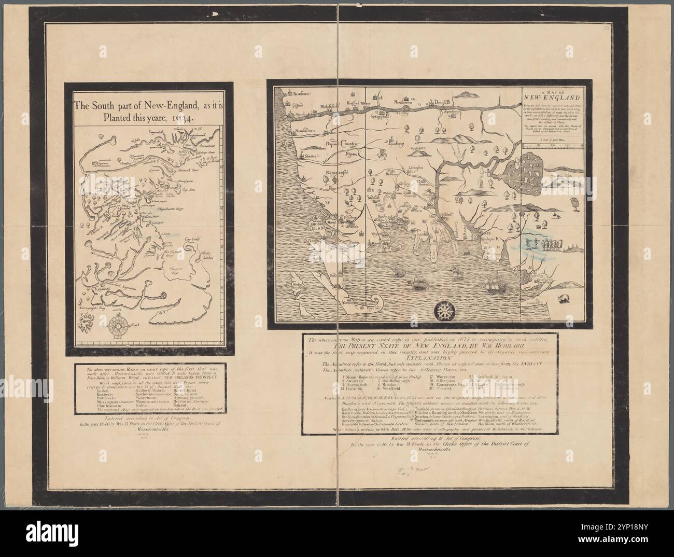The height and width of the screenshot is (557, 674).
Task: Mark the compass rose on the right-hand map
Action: click(444, 311)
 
